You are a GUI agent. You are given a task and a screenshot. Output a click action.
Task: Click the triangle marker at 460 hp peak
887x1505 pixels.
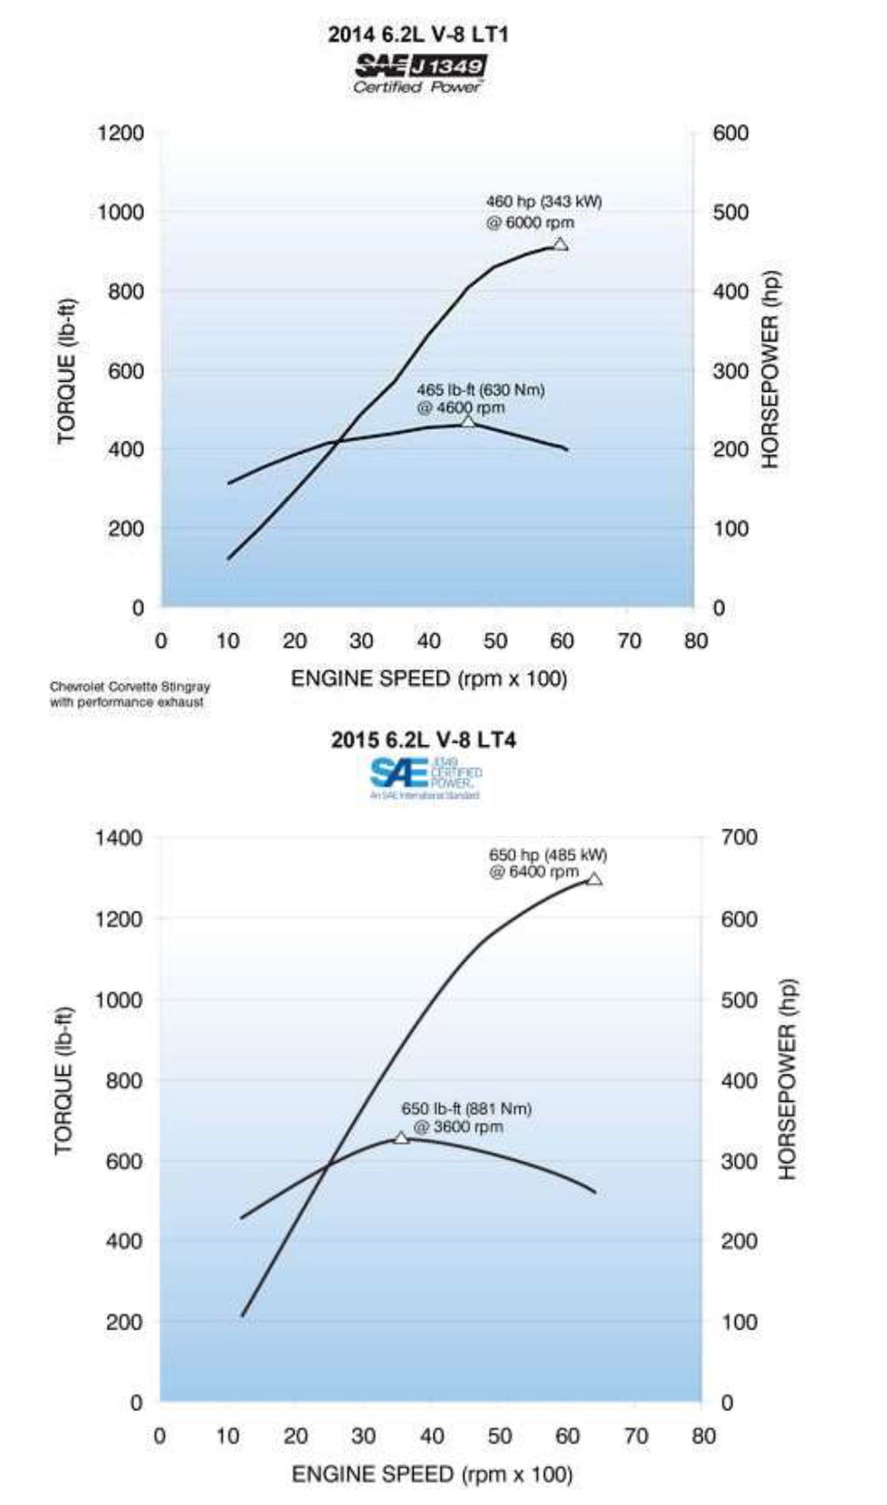559,245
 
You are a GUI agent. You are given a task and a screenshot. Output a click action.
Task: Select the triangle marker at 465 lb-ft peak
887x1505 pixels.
468,421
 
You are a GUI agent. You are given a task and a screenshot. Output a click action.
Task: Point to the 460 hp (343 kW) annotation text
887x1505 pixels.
543,212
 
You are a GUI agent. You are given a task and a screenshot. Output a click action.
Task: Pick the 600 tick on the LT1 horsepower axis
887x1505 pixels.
730,133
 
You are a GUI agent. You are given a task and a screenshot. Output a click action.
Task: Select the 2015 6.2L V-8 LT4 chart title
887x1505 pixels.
423,740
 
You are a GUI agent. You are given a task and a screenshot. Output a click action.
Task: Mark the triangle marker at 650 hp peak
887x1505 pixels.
593,879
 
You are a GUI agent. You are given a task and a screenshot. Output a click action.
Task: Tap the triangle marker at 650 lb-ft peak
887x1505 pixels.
401,1139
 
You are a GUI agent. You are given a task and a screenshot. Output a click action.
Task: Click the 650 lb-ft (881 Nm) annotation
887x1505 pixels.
465,1117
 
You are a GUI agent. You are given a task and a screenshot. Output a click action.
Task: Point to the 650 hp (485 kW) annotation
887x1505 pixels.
547,863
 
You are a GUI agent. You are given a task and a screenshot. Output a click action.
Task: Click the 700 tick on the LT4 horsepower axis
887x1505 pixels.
739,838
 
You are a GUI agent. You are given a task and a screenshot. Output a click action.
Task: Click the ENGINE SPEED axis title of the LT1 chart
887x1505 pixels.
428,679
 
